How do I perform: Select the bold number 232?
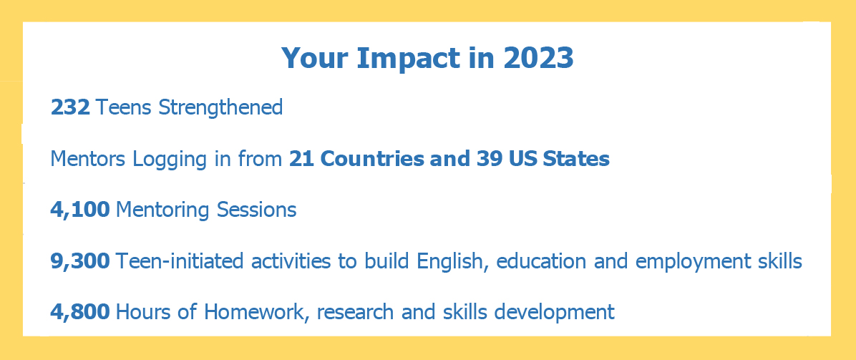pos(70,107)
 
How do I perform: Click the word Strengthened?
pos(220,107)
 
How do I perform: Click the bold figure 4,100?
pos(80,210)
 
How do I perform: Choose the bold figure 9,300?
pos(80,262)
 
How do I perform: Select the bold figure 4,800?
pos(80,313)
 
